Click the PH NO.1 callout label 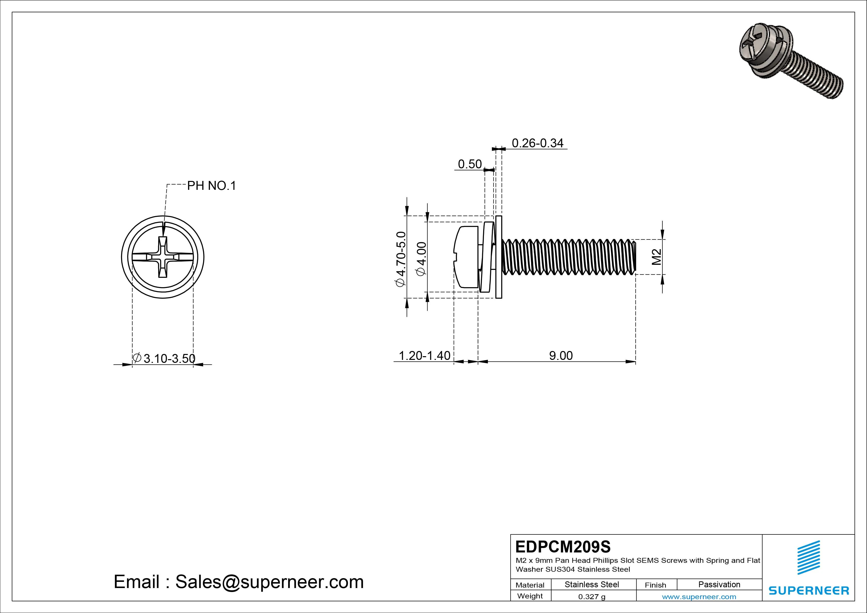pyautogui.click(x=212, y=186)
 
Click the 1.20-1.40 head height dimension pyautogui.click(x=424, y=355)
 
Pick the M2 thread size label pyautogui.click(x=657, y=257)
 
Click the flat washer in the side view pyautogui.click(x=499, y=257)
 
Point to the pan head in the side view pyautogui.click(x=466, y=257)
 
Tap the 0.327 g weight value pyautogui.click(x=592, y=597)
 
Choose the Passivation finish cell pyautogui.click(x=719, y=585)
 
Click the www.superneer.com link pyautogui.click(x=699, y=597)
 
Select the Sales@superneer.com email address pyautogui.click(x=269, y=582)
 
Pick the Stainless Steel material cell pyautogui.click(x=592, y=585)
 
